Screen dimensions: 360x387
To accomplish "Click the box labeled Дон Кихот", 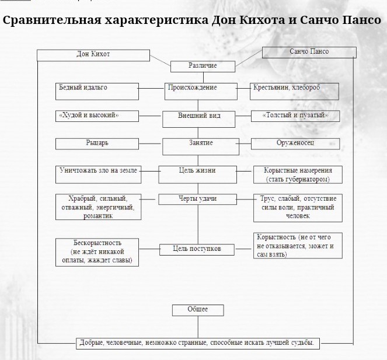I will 93,55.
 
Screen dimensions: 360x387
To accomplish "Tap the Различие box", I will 203,66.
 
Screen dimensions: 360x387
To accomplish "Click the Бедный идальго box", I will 97,91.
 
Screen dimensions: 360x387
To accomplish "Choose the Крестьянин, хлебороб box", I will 287,91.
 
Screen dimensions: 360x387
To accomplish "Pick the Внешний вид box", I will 198,116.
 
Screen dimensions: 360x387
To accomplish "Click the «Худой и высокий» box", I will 97,116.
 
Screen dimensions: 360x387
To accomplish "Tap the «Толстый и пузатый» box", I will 295,116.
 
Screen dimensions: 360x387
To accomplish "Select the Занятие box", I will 200,144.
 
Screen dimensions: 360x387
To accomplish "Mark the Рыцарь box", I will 97,143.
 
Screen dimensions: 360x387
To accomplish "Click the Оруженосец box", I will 295,143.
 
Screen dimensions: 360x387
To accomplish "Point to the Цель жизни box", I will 197,170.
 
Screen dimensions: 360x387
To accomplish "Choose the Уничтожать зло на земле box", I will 98,171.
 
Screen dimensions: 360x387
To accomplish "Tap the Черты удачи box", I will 197,199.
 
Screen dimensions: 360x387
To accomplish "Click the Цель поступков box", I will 197,249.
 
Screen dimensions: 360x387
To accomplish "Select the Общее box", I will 197,310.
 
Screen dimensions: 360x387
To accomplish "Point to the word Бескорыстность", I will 97,242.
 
